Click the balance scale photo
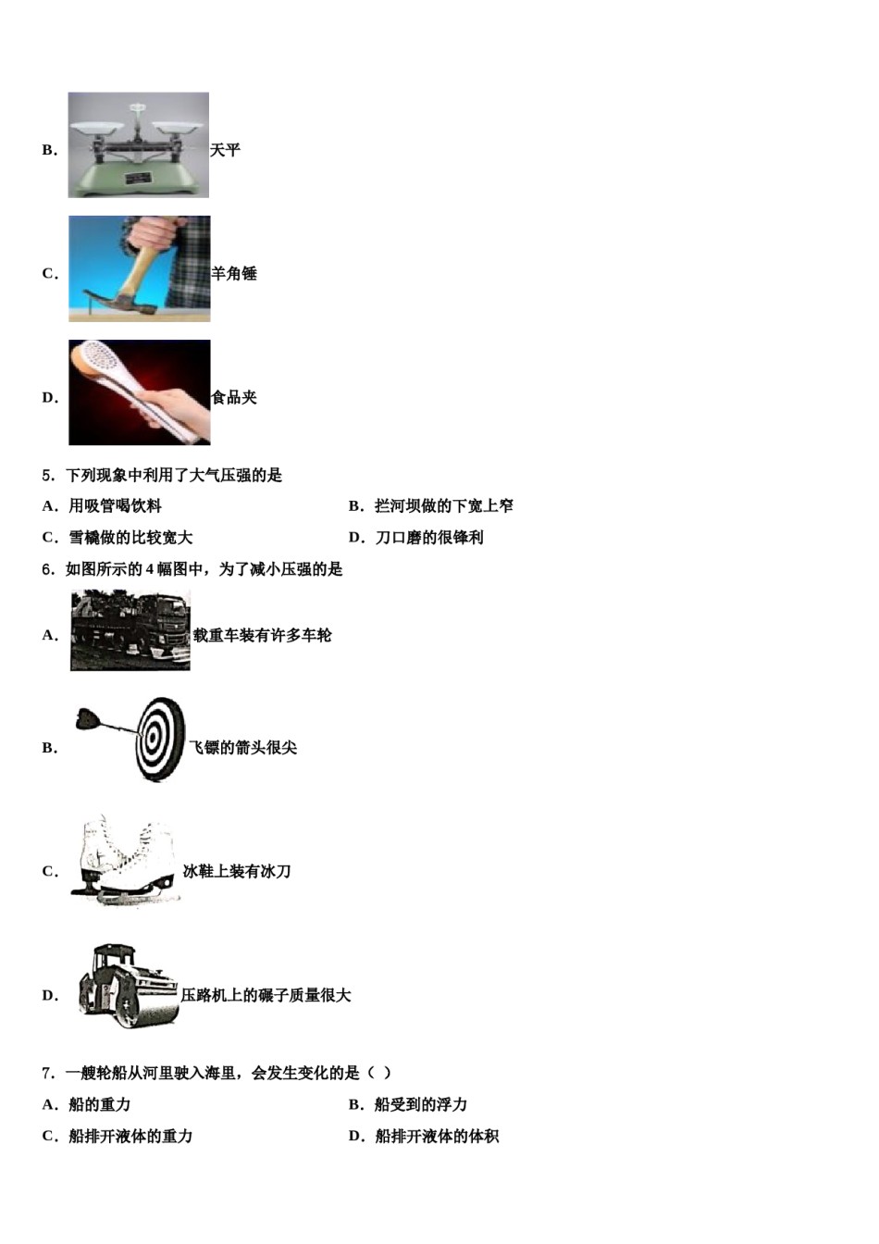(138, 144)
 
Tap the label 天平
(225, 150)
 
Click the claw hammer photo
(139, 269)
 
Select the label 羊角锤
(234, 274)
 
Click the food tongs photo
(139, 392)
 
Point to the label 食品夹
(234, 398)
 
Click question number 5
(48, 476)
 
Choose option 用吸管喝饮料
(115, 506)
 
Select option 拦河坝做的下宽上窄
(443, 506)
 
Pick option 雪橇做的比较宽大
(130, 538)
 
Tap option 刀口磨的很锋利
(428, 538)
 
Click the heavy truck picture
(130, 630)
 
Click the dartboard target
(161, 739)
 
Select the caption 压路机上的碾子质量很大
(266, 996)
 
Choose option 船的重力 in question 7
(99, 1105)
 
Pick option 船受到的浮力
(420, 1105)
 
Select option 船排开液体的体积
(436, 1137)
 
